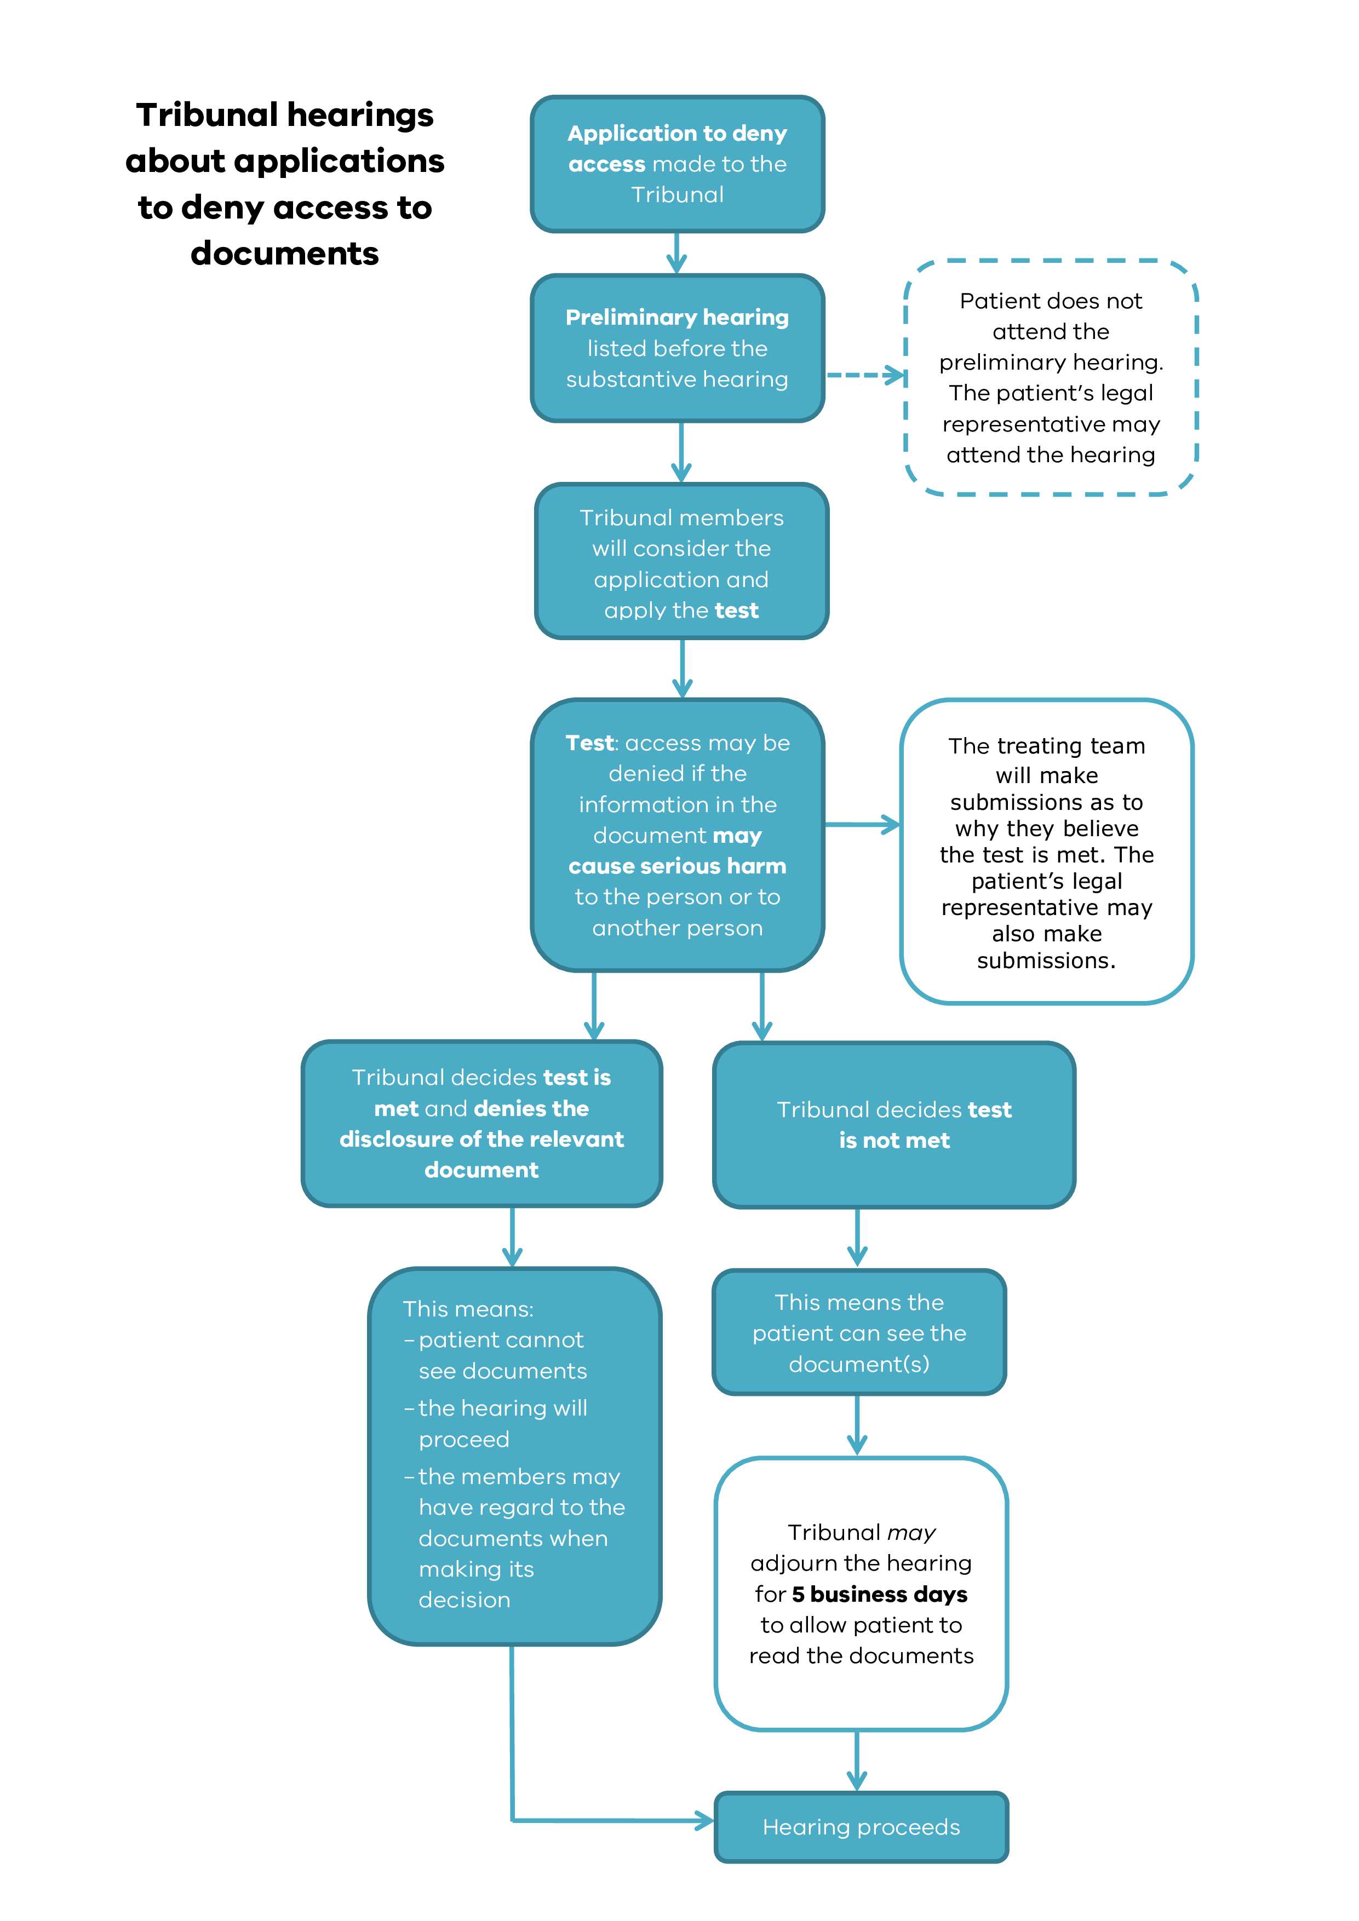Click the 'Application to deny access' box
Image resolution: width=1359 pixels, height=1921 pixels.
[677, 164]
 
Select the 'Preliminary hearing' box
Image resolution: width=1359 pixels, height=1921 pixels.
[677, 348]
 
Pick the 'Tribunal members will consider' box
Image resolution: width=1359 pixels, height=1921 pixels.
[681, 562]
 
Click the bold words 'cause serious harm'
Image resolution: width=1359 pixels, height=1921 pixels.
[677, 866]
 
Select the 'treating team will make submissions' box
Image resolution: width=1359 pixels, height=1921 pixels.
[1046, 852]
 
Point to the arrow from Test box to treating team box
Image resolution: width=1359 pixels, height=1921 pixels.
[862, 825]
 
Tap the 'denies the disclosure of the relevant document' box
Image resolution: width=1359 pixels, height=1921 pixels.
[481, 1124]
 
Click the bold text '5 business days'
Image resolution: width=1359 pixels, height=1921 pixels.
[880, 1594]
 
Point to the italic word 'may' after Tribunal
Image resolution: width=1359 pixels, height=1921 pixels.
[911, 1533]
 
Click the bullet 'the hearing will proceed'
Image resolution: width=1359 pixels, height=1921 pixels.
[502, 1423]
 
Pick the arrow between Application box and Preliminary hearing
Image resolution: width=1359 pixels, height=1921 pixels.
[677, 252]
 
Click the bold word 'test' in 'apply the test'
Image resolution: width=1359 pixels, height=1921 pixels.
[736, 611]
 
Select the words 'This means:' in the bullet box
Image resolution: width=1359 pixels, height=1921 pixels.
[468, 1309]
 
